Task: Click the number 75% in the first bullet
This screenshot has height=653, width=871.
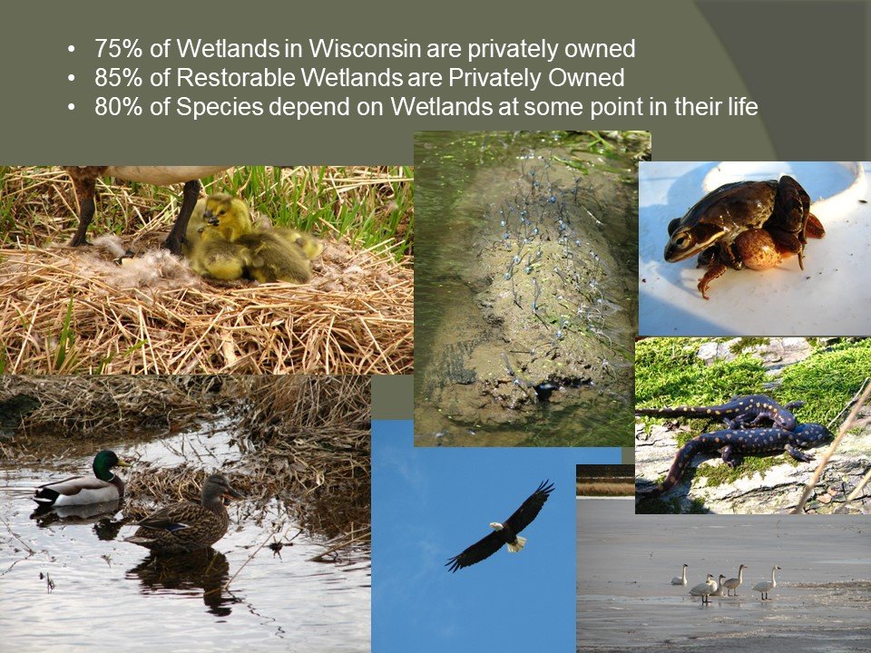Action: coord(118,49)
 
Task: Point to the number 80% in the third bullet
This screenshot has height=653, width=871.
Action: coord(118,107)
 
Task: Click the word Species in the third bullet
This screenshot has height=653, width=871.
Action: coord(220,108)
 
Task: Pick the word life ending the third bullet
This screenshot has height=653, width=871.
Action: coord(744,107)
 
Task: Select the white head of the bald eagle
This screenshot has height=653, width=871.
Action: coord(495,525)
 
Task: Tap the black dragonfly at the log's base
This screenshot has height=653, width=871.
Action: coord(545,390)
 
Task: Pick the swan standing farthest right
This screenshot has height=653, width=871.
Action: coord(767,582)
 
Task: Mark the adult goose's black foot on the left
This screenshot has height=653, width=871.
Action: coord(79,239)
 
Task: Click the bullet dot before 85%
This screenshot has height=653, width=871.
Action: coord(71,78)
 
